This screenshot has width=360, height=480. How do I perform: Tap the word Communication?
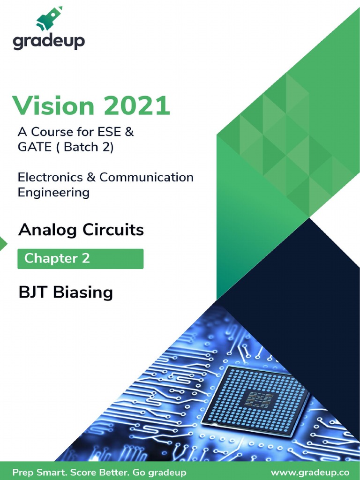click(146, 177)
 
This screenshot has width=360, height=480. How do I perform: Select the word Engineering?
click(53, 192)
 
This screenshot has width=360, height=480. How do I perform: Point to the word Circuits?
click(113, 230)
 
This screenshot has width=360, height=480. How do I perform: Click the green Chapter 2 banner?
click(80, 259)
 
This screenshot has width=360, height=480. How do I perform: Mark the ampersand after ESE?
click(128, 132)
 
